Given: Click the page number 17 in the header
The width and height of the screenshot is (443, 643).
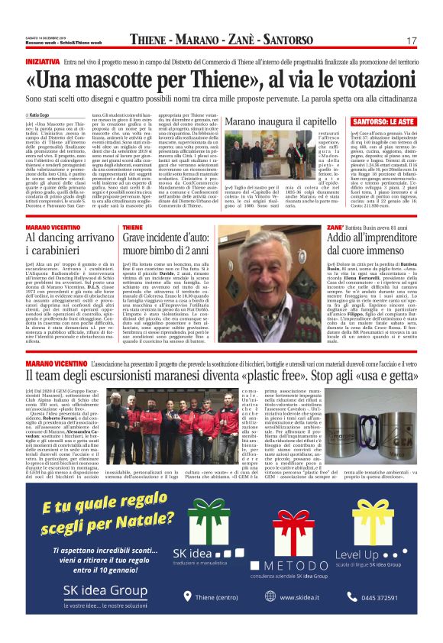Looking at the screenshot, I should click(x=411, y=40).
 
